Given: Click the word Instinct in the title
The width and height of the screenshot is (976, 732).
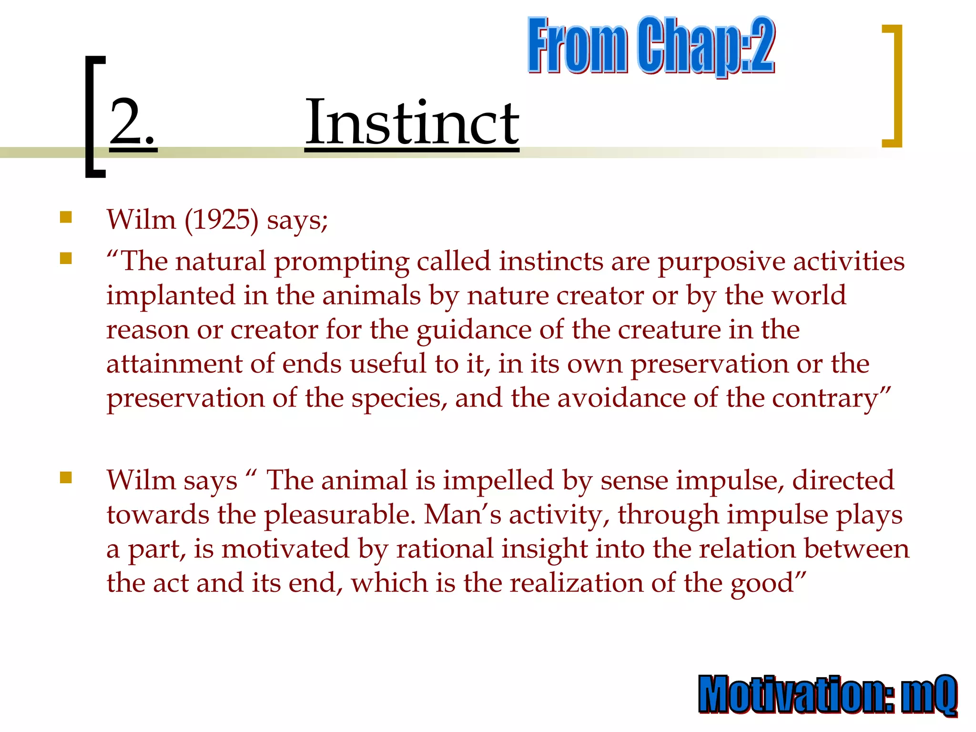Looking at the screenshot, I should point(412,122).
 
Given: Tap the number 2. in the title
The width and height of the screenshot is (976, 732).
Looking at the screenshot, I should point(132,122).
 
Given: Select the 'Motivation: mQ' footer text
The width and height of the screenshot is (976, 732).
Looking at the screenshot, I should point(828,694).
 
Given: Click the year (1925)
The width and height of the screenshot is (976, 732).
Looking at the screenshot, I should point(221,220).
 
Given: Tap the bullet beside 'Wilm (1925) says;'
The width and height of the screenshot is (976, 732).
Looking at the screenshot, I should point(66,218).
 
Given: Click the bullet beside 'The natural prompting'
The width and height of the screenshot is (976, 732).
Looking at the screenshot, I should point(66,259).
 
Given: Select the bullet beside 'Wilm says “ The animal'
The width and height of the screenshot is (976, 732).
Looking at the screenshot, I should point(66,478).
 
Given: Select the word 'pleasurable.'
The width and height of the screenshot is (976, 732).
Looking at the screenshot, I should point(340,515).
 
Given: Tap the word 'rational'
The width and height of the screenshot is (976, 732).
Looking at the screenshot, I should point(445,549).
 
